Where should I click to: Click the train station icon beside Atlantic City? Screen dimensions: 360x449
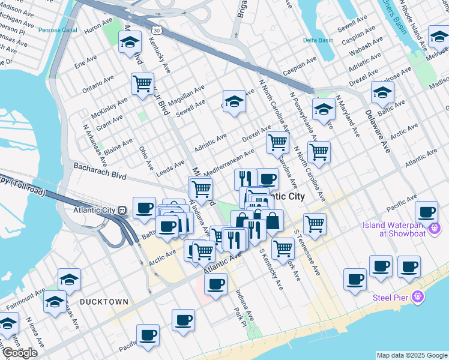pos(122,211)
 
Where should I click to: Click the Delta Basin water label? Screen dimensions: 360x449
pos(318,40)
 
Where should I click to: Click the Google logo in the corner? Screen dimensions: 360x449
pos(20,352)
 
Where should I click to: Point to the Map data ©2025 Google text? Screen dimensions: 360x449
pos(412,355)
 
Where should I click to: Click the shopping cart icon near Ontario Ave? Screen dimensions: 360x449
pos(142,83)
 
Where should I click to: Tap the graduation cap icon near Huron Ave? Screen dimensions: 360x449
pos(130,42)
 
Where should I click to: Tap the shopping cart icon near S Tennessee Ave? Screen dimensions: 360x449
pos(315,224)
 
